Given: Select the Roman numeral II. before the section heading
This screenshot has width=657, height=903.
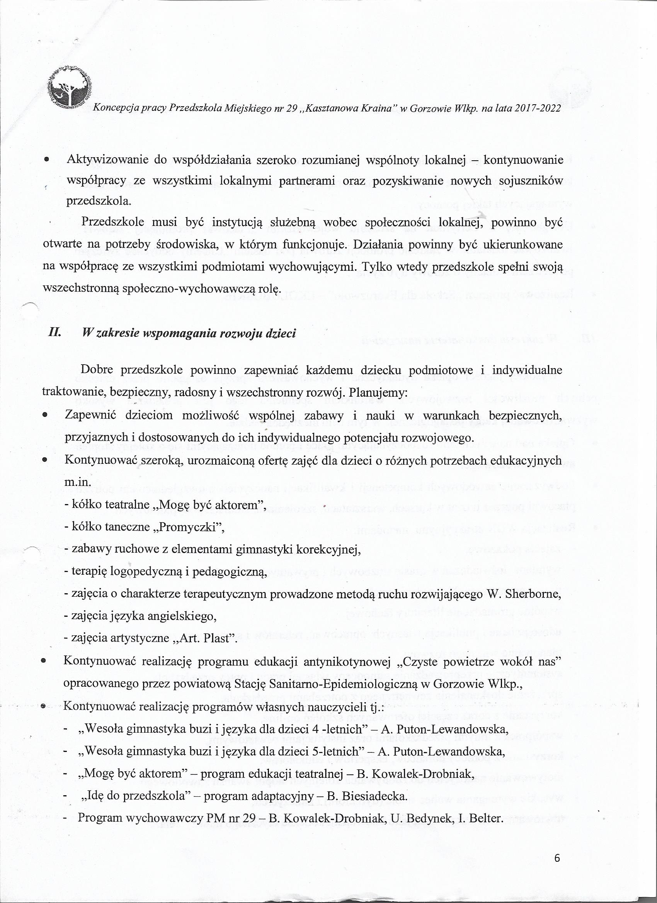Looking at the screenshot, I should (54, 333).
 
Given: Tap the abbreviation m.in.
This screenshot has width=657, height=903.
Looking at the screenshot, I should (78, 482).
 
